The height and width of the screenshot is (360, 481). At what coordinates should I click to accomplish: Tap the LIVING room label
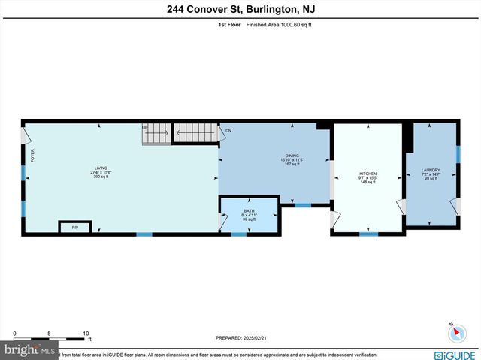(100, 168)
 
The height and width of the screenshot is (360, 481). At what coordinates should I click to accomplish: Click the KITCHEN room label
(368, 174)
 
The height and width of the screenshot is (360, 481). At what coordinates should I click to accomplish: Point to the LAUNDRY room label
(431, 171)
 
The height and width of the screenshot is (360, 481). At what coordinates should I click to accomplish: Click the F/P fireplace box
(74, 227)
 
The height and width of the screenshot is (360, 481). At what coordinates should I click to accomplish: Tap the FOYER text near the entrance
(33, 155)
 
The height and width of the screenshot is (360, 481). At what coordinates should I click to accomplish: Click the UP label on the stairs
(145, 127)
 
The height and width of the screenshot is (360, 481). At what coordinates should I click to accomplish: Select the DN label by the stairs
(228, 130)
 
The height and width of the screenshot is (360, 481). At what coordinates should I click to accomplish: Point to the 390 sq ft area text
(100, 177)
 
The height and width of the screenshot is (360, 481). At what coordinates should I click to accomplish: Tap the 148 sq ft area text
(368, 182)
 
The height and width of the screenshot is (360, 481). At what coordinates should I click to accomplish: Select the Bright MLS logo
(30, 350)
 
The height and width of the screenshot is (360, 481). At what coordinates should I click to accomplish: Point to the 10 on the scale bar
(86, 333)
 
